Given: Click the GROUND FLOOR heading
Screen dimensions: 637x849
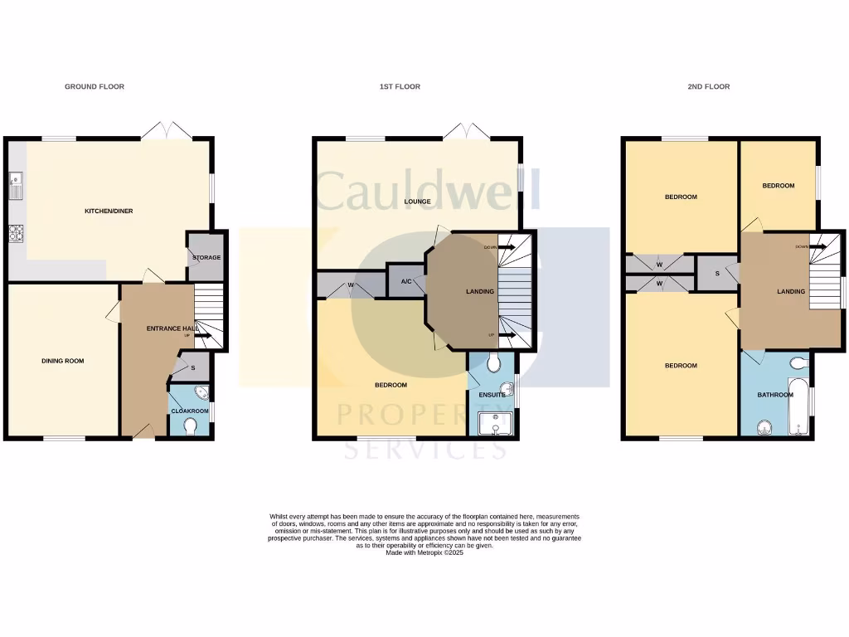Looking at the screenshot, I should coord(95,86).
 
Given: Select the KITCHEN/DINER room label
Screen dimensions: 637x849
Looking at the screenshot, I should coord(109,211).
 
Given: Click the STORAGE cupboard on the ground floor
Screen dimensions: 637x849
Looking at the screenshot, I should coord(206,257).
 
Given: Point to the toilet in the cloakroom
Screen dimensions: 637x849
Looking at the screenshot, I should coord(190,426).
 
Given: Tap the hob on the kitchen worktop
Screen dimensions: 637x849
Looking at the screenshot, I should coord(15,233).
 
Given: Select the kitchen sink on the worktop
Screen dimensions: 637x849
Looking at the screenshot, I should coord(15,187).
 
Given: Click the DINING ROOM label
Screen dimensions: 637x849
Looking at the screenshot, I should coord(63,361).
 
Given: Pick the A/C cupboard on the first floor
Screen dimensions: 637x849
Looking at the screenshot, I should coord(406,281).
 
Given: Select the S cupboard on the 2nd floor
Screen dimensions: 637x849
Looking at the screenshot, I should coord(717,273).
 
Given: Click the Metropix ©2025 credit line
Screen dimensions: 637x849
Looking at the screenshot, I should coord(424,552).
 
